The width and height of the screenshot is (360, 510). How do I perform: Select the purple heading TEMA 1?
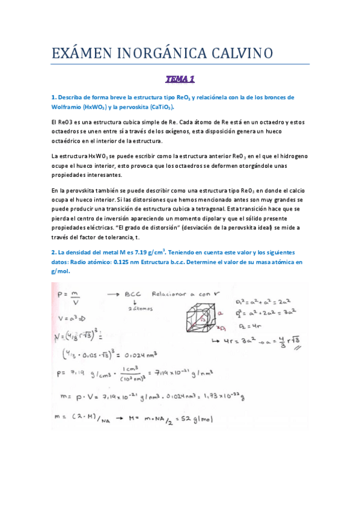click(x=180, y=78)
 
